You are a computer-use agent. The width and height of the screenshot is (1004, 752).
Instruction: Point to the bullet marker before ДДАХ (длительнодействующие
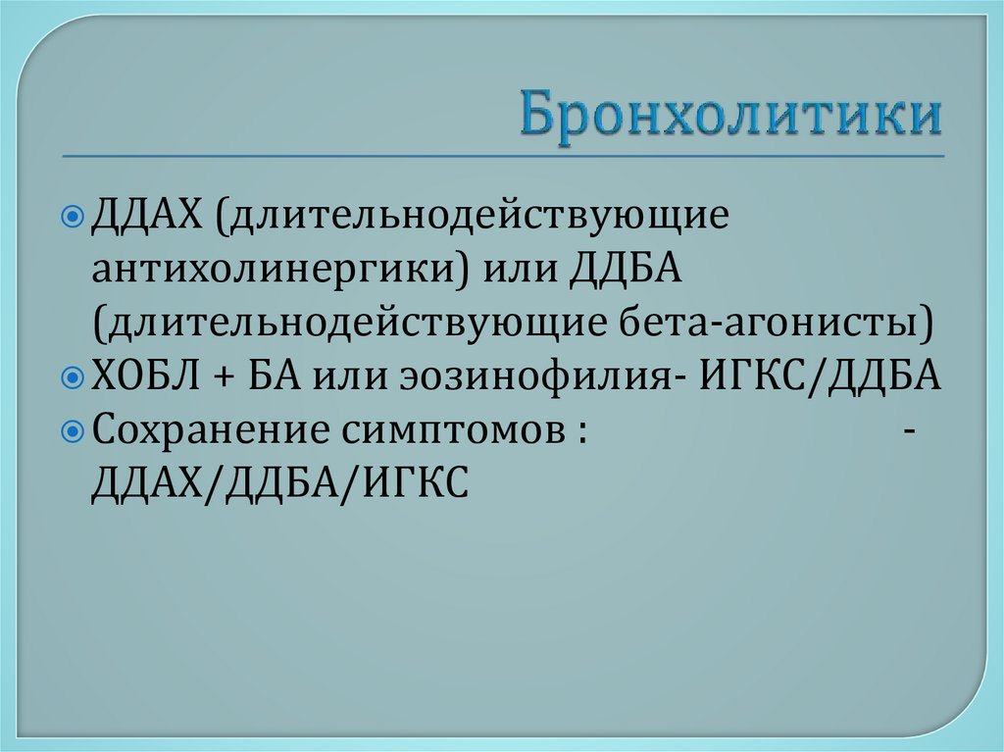(79, 216)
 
